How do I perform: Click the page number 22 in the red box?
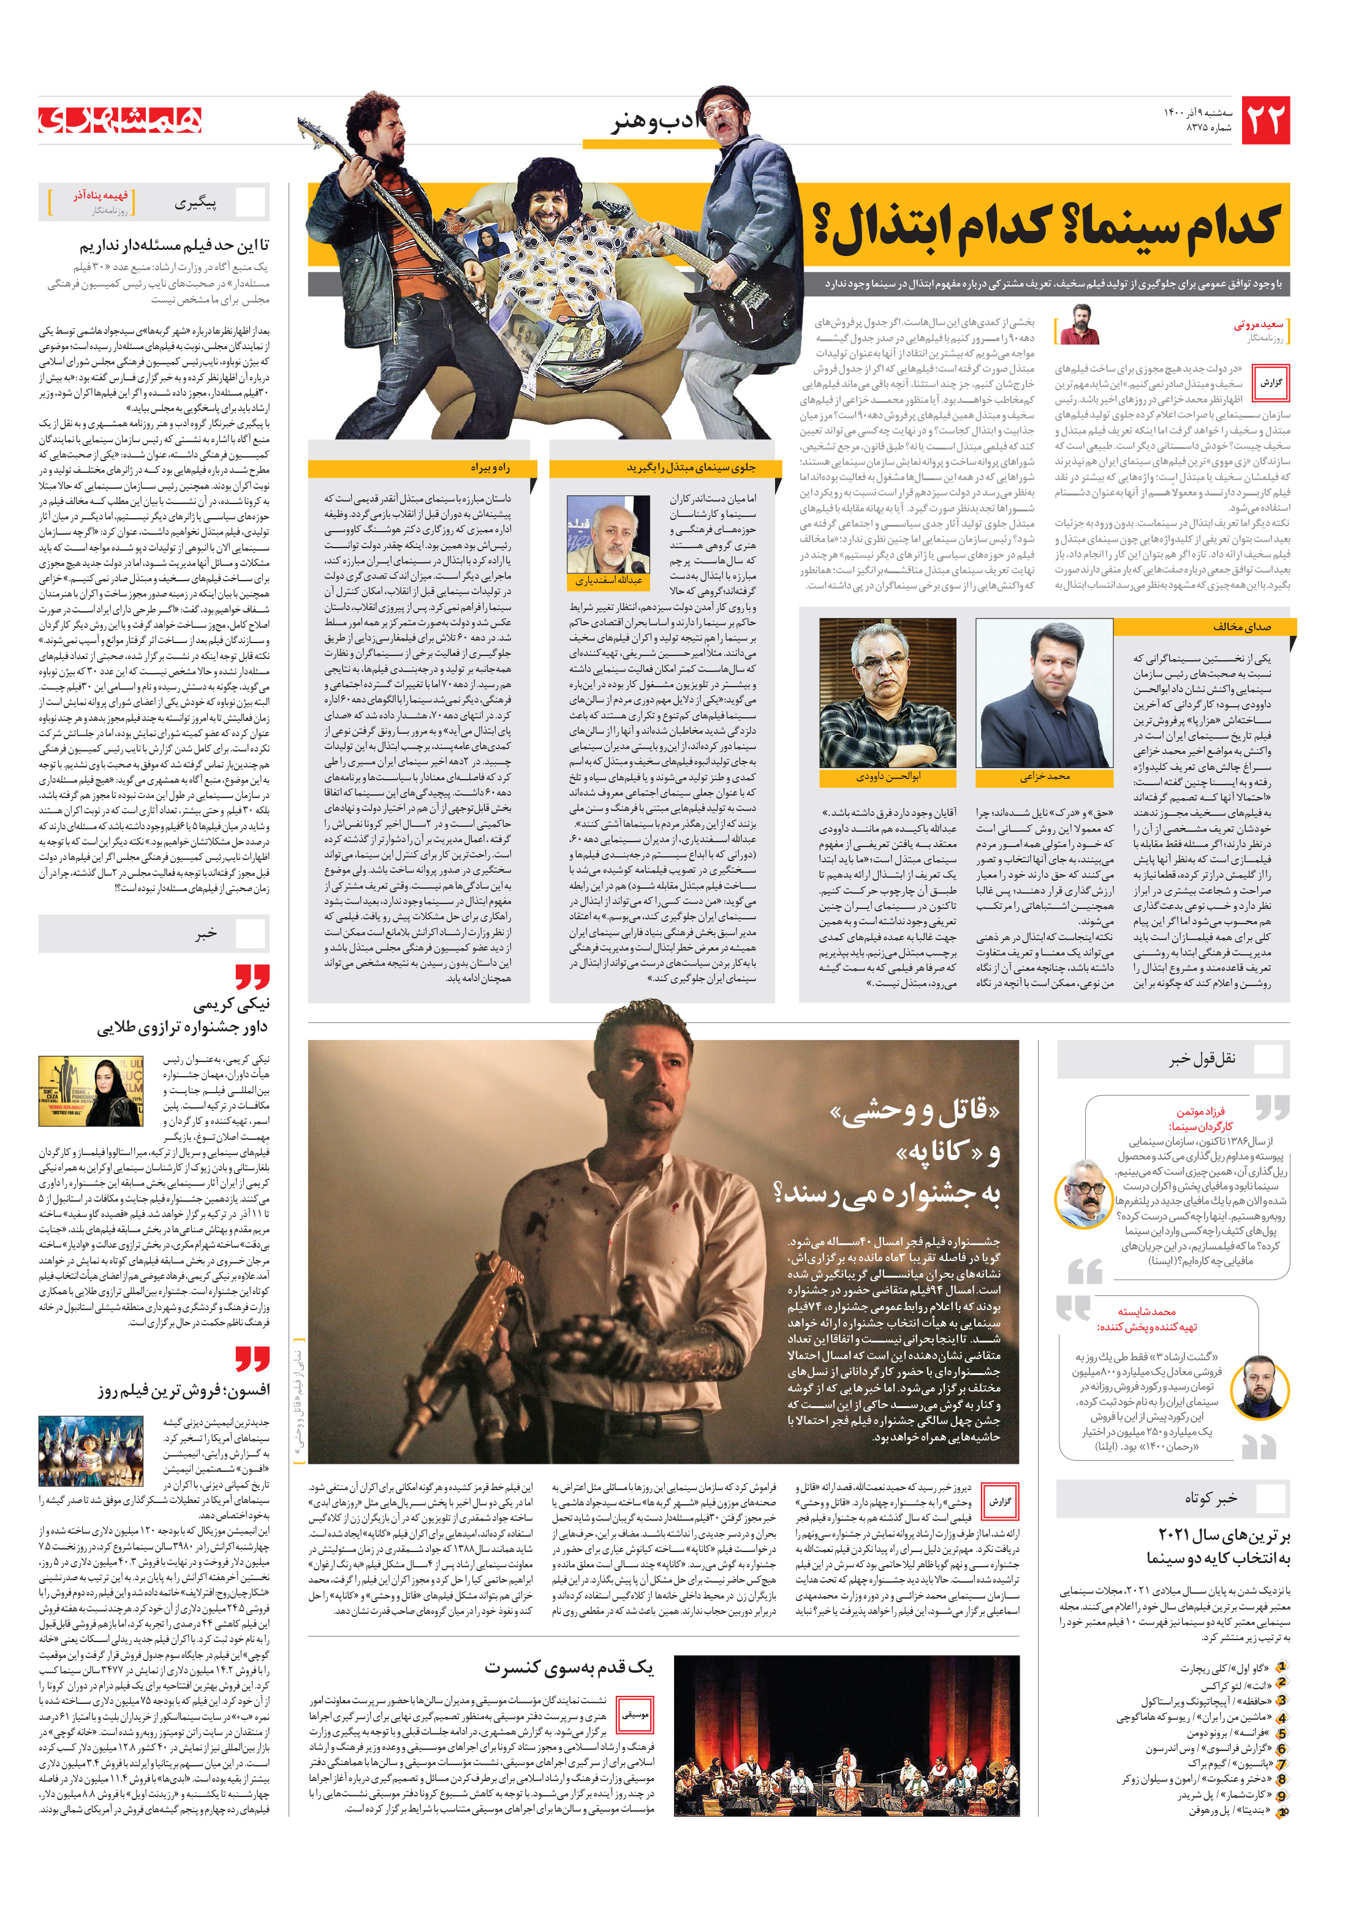coord(1264,121)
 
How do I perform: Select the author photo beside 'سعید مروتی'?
coord(1080,325)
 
